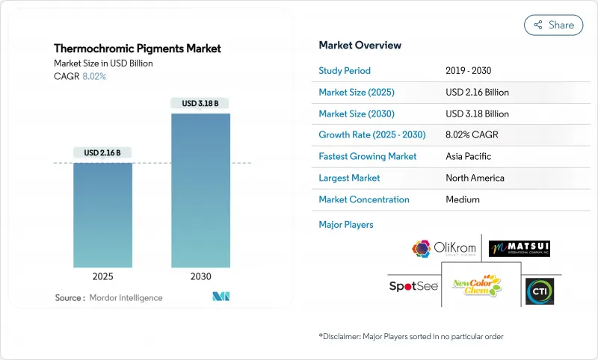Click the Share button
pyautogui.click(x=553, y=25)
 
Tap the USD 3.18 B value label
pyautogui.click(x=200, y=103)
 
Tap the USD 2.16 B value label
pyautogui.click(x=102, y=152)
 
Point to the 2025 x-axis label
pyautogui.click(x=103, y=276)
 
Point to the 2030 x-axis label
pyautogui.click(x=200, y=276)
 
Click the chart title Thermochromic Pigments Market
pyautogui.click(x=138, y=49)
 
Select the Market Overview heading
pyautogui.click(x=360, y=46)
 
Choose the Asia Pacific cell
pyautogui.click(x=469, y=157)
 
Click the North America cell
pyautogui.click(x=475, y=178)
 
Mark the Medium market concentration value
pyautogui.click(x=462, y=199)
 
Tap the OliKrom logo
pyautogui.click(x=443, y=249)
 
